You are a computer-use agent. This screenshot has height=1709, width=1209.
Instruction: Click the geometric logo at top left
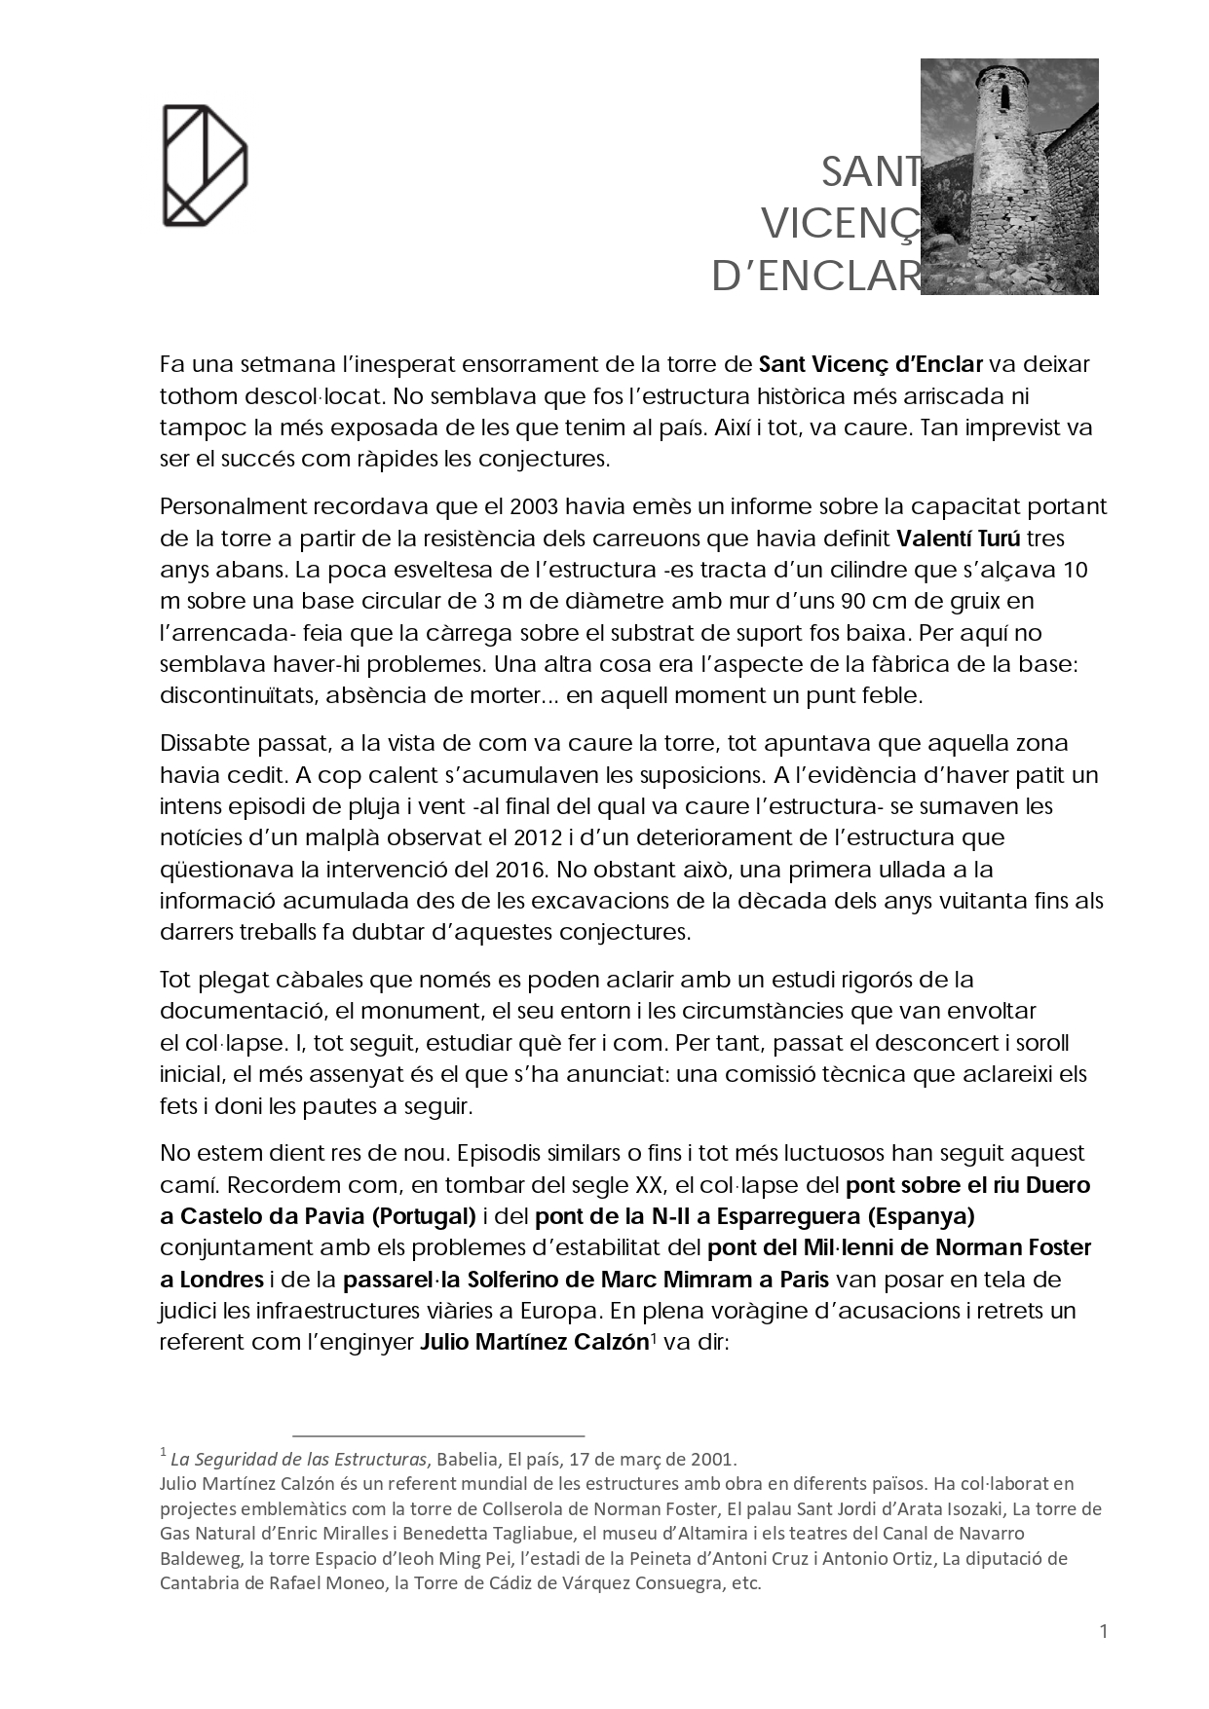pos(205,165)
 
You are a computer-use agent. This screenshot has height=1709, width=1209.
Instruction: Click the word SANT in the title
pos(870,172)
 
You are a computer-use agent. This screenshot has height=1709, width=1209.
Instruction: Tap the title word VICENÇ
pos(840,224)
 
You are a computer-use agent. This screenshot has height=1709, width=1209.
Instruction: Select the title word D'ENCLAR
pos(815,277)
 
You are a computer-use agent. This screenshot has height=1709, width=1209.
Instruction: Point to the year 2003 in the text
pos(534,506)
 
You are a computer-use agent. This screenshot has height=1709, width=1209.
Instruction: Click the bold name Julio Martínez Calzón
pos(534,1342)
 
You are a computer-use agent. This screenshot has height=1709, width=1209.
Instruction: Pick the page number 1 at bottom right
pos(1104,1631)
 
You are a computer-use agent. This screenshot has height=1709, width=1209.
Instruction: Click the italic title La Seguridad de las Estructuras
pos(299,1459)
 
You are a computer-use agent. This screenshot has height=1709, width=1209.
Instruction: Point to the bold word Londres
pos(222,1279)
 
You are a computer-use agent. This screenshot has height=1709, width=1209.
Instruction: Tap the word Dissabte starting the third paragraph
pos(207,743)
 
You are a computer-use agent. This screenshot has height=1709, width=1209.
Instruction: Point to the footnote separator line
pos(438,1435)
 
